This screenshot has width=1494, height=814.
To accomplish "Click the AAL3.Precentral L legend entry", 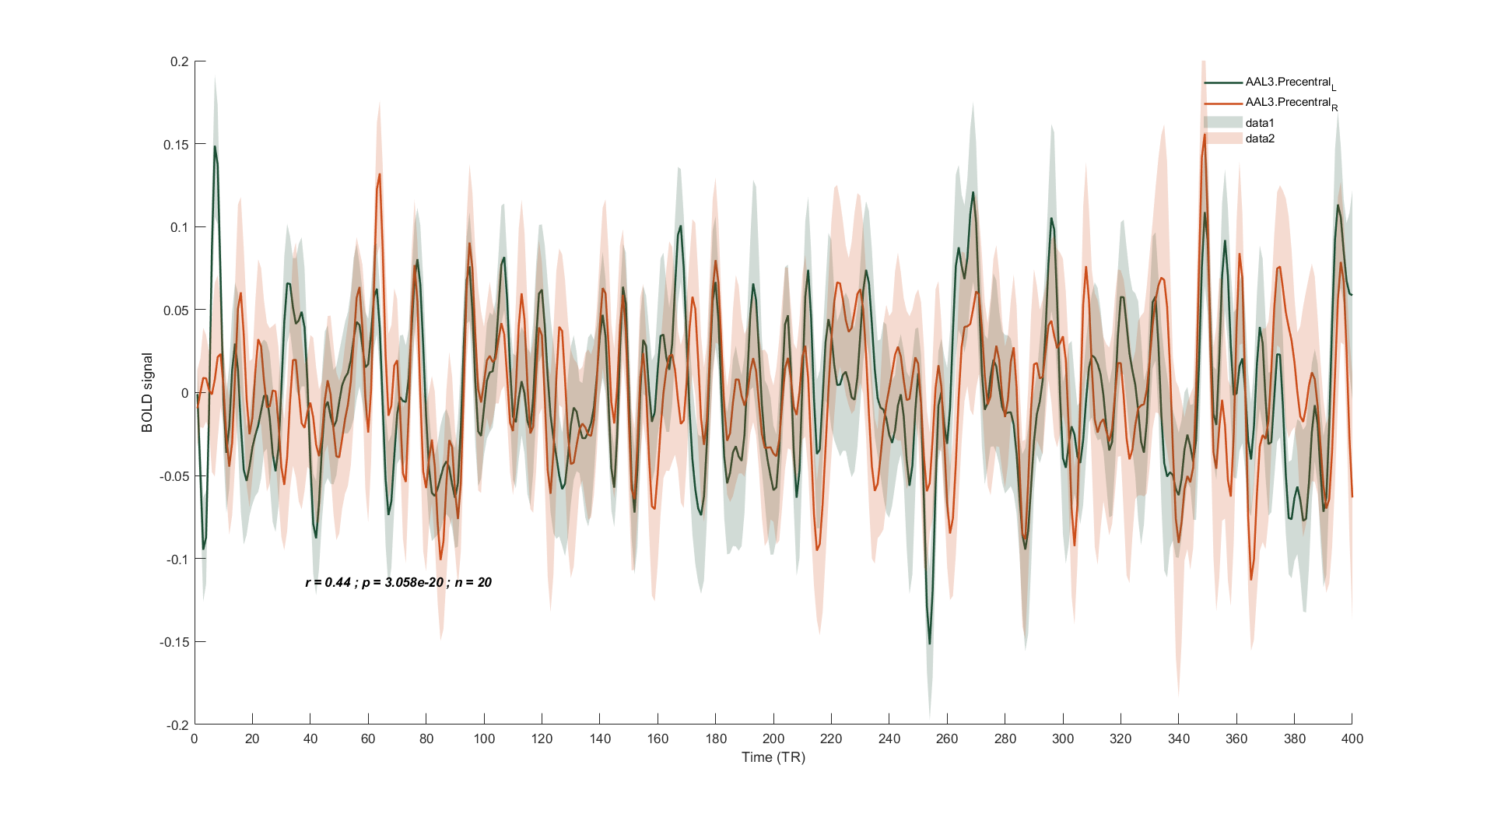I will click(1288, 82).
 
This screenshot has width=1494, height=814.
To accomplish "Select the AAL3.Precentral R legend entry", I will click(1288, 103).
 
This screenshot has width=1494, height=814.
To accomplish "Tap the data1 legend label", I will click(1260, 123).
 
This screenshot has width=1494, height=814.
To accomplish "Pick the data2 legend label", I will click(1260, 139).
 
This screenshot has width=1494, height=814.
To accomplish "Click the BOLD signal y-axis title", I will click(147, 392).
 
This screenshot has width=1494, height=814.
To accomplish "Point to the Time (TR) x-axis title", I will click(773, 757).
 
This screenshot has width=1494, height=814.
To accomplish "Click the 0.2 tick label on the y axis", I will click(179, 61).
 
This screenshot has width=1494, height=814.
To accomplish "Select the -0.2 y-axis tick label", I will click(177, 725).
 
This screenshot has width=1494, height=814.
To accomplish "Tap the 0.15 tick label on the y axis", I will click(176, 145).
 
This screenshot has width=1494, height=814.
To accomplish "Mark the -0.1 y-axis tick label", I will click(177, 559).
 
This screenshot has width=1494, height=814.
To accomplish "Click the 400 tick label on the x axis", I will click(1352, 739).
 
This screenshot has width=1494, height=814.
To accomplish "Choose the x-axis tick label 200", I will click(773, 739).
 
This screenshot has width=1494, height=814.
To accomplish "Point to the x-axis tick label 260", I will click(947, 739).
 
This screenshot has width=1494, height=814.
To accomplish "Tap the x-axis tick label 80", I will click(426, 739).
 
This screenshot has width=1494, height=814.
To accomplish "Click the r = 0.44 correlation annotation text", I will click(328, 582).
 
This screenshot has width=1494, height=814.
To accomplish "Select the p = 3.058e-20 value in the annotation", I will click(402, 582).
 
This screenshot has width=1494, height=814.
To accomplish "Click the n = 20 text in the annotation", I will click(473, 582).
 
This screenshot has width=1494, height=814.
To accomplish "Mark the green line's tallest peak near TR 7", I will click(215, 146).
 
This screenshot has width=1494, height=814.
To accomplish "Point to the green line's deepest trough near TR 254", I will click(929, 644).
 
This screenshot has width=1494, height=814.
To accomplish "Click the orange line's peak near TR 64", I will click(380, 174).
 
